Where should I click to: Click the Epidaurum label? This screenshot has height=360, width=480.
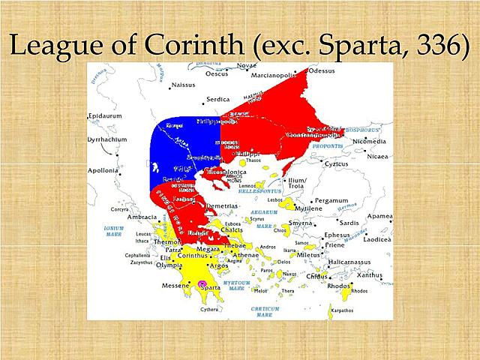pos(106,117)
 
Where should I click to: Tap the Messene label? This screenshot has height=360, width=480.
pos(175,285)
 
